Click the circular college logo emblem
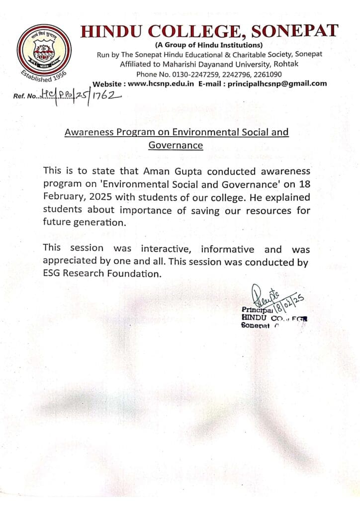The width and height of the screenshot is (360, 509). coord(44,52)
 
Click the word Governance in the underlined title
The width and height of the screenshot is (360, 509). coord(176,145)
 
